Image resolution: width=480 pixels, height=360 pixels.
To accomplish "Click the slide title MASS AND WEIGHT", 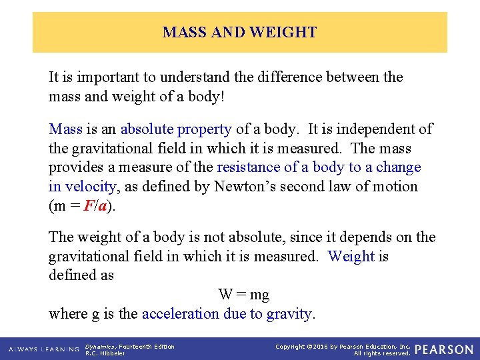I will (239, 32).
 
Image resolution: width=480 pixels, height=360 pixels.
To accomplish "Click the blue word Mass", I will (65, 129).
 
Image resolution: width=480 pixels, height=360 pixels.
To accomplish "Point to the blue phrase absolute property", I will (176, 129).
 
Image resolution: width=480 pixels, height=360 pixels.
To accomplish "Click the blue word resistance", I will (250, 167).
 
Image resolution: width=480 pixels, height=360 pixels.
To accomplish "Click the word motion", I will (394, 187).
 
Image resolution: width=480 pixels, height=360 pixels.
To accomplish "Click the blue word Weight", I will (351, 257).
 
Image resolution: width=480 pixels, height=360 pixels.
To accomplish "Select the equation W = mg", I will (243, 294).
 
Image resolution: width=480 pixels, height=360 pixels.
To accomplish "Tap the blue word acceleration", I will (180, 313).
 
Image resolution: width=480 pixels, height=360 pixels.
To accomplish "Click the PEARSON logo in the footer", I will (444, 349).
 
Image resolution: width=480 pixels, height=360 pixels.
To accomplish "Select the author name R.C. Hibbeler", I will (105, 353).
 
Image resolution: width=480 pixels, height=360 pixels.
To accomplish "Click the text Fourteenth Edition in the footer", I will (147, 346).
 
